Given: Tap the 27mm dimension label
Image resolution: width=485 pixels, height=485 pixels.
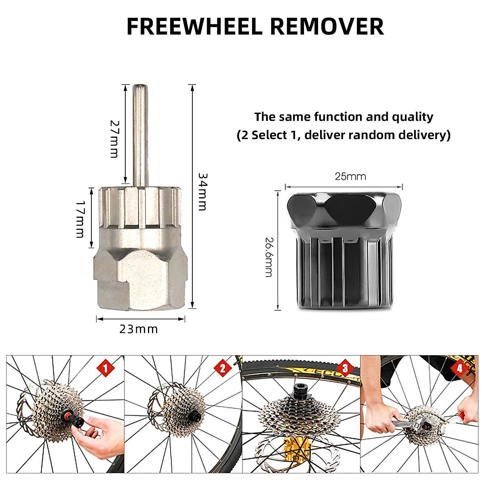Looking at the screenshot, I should (x=115, y=139).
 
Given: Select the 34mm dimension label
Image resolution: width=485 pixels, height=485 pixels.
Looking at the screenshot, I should (x=202, y=192).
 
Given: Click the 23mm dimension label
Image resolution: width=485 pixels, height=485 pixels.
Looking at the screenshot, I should (x=139, y=329).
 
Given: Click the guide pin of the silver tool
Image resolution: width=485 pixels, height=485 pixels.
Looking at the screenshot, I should (x=139, y=133).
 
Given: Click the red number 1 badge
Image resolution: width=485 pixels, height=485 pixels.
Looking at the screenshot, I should (x=106, y=368).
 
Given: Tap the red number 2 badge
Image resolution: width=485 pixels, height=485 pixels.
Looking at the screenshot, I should (x=222, y=368).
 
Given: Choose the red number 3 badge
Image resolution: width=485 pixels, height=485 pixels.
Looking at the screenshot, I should (x=345, y=368).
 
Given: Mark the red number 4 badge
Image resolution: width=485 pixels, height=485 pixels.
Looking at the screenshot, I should (x=460, y=368).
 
